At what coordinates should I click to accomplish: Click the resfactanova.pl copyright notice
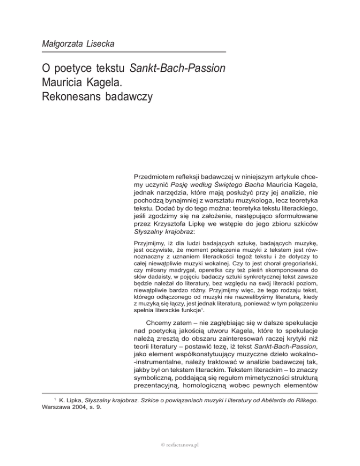tap(180, 445)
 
